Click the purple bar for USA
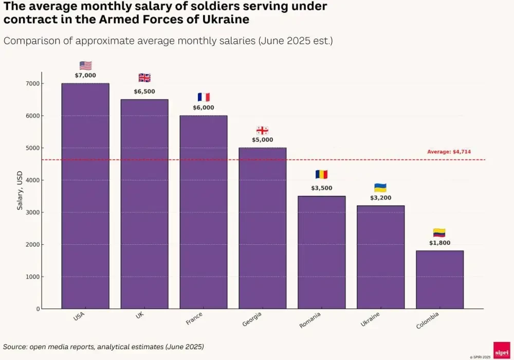pos(85,195)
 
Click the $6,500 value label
pos(144,92)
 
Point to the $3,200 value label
pos(380,197)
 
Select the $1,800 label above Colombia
pos(439,243)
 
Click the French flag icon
pos(204,97)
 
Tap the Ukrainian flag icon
pos(380,188)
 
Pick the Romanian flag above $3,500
pos(322,175)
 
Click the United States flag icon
pos(85,65)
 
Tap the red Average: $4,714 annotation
pos(449,152)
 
